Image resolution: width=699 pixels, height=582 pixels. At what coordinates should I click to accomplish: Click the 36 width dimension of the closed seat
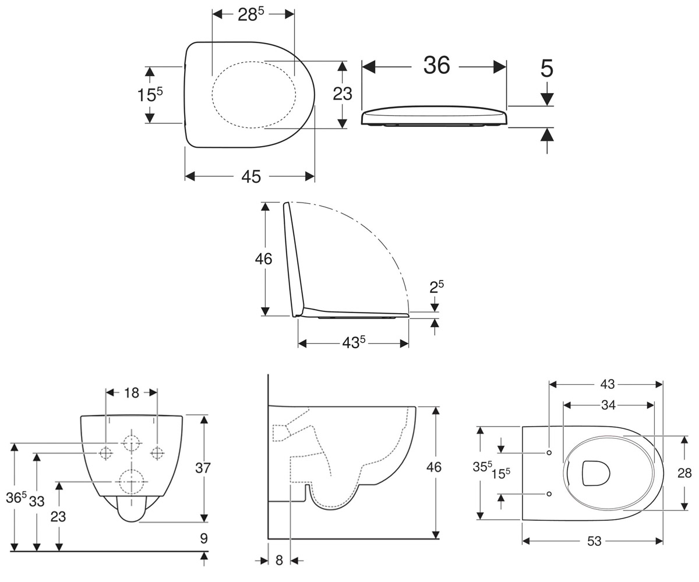(436, 65)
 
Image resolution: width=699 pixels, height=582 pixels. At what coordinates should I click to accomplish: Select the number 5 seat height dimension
(547, 69)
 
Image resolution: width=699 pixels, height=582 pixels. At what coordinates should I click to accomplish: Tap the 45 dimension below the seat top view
(251, 176)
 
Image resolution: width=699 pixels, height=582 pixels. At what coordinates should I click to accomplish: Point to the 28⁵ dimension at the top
(251, 15)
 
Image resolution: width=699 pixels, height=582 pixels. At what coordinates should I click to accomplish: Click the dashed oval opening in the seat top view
(254, 94)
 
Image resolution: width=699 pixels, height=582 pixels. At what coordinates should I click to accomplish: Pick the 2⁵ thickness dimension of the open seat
(436, 287)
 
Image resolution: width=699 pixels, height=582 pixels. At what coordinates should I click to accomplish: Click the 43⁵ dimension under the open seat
(354, 343)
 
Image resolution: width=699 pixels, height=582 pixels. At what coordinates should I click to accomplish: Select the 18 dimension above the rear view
(131, 393)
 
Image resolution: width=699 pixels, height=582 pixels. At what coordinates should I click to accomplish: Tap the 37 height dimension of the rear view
(203, 468)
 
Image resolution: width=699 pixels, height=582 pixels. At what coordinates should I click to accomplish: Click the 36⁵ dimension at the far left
(16, 498)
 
